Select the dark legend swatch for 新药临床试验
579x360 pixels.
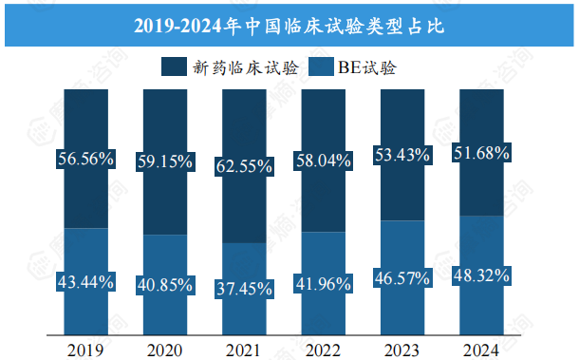(174, 67)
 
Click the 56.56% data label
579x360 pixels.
(86, 160)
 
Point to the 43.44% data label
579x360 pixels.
(86, 281)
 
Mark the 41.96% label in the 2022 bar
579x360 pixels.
(323, 283)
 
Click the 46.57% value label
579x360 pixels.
(402, 277)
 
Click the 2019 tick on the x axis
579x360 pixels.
(86, 349)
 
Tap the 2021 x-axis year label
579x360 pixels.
(244, 349)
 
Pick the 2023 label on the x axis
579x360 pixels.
(402, 349)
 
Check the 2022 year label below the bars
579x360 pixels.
(323, 349)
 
